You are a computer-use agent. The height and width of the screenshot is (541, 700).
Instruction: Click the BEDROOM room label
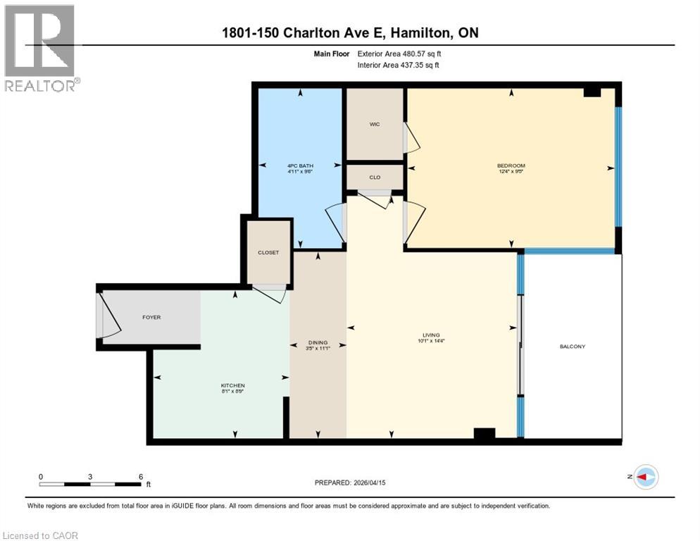(x=511, y=166)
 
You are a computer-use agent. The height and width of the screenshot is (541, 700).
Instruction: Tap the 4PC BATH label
(x=299, y=166)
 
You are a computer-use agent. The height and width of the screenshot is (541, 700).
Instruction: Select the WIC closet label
(x=375, y=125)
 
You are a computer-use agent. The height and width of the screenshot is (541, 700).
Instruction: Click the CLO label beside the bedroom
(x=375, y=177)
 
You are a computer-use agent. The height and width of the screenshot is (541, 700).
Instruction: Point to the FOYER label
(x=151, y=317)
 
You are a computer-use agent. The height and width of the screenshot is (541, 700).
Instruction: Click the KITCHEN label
(x=233, y=385)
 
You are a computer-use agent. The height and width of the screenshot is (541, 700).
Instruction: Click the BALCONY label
(x=573, y=346)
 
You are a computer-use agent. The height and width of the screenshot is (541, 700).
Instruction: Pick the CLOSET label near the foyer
(x=268, y=252)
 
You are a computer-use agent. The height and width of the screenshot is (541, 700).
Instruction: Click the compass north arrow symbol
(x=645, y=477)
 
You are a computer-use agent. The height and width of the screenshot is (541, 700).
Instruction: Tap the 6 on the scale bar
(x=141, y=476)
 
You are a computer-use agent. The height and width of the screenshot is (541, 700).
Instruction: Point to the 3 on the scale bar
(x=90, y=476)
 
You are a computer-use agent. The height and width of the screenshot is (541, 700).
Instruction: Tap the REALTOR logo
(x=41, y=48)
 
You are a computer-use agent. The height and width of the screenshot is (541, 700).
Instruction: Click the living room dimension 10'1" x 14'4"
(x=431, y=341)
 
